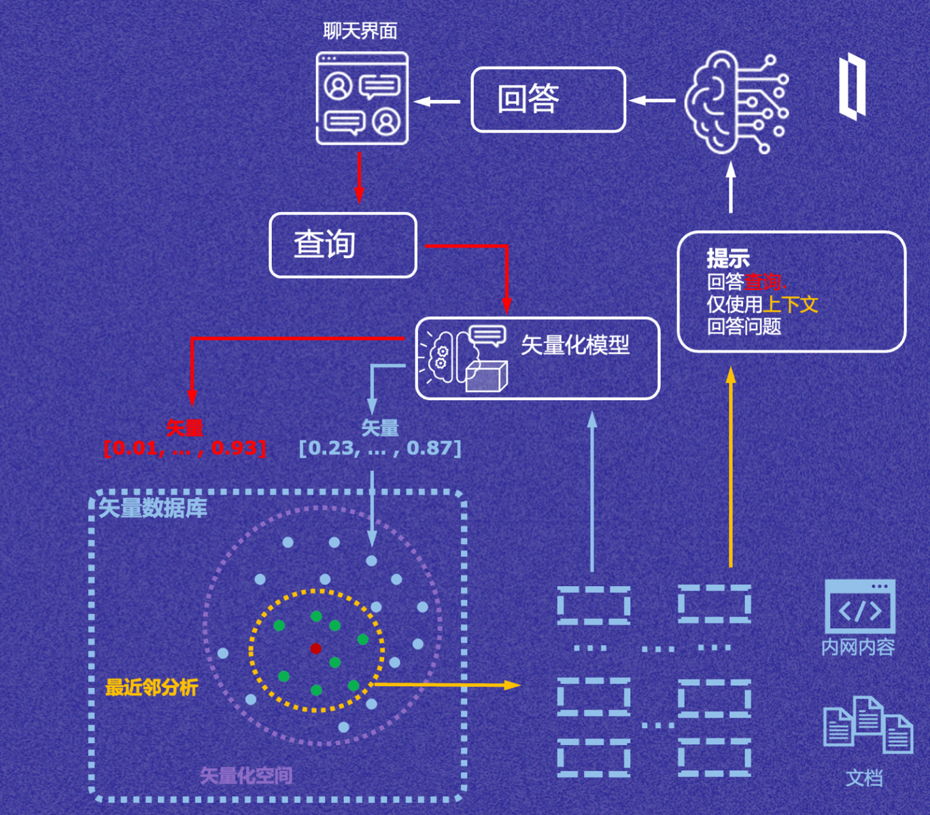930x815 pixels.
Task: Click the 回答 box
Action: point(548,99)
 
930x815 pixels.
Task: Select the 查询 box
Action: point(343,245)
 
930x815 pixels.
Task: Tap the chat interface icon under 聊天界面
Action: point(362,98)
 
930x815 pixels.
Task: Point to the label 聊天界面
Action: point(360,31)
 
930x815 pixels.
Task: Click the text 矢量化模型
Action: point(575,345)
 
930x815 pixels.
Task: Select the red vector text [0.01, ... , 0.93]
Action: point(184,448)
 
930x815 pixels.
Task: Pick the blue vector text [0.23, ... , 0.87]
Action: point(380,448)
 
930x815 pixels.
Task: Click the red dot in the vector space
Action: point(315,649)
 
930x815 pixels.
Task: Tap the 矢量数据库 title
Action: point(153,508)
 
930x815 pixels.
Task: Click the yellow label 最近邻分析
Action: point(152,687)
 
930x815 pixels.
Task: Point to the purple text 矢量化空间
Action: point(246,776)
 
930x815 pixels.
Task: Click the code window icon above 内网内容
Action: point(859,606)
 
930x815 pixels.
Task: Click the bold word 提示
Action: point(727,258)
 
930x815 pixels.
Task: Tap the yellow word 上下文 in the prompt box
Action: point(790,304)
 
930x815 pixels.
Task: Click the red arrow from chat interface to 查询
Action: point(359,178)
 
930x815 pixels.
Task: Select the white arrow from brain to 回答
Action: point(651,101)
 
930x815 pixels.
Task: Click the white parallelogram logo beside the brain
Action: point(852,88)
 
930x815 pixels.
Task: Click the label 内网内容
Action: point(858,647)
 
